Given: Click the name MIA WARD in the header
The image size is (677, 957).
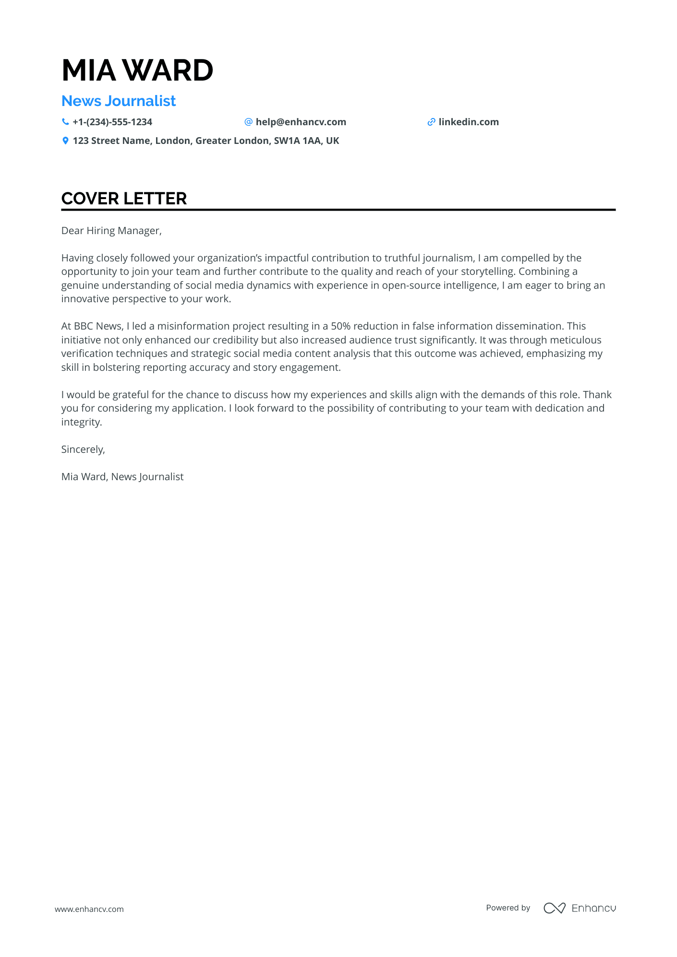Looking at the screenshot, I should click(x=137, y=70).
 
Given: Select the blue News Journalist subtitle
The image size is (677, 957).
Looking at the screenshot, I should click(x=119, y=101).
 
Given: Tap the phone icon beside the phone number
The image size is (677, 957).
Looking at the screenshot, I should click(x=65, y=122).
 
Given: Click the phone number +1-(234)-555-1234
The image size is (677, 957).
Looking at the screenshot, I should click(x=112, y=122).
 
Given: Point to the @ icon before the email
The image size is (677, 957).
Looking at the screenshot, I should click(x=248, y=122).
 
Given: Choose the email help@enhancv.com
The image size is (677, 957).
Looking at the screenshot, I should click(x=301, y=122).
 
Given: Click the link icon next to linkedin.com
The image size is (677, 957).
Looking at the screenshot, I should click(x=431, y=122).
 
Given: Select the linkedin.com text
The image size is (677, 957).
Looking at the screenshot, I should click(x=469, y=122).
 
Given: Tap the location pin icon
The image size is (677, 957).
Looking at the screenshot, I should click(x=65, y=141).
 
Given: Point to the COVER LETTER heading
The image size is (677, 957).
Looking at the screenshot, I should click(x=124, y=199).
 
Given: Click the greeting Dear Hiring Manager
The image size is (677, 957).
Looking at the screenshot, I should click(x=111, y=231).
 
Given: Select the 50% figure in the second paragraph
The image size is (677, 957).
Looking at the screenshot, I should click(x=340, y=326).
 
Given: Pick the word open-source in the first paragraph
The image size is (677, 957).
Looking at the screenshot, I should click(x=411, y=285).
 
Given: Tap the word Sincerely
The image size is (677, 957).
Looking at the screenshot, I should click(x=83, y=449).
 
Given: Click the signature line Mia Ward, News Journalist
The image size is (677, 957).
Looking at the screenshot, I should click(x=122, y=477).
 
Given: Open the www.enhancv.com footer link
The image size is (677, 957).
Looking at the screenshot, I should click(x=89, y=909).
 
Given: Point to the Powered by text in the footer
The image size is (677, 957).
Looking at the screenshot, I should click(x=508, y=908).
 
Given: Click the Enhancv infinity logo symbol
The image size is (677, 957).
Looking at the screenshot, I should click(x=554, y=908).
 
